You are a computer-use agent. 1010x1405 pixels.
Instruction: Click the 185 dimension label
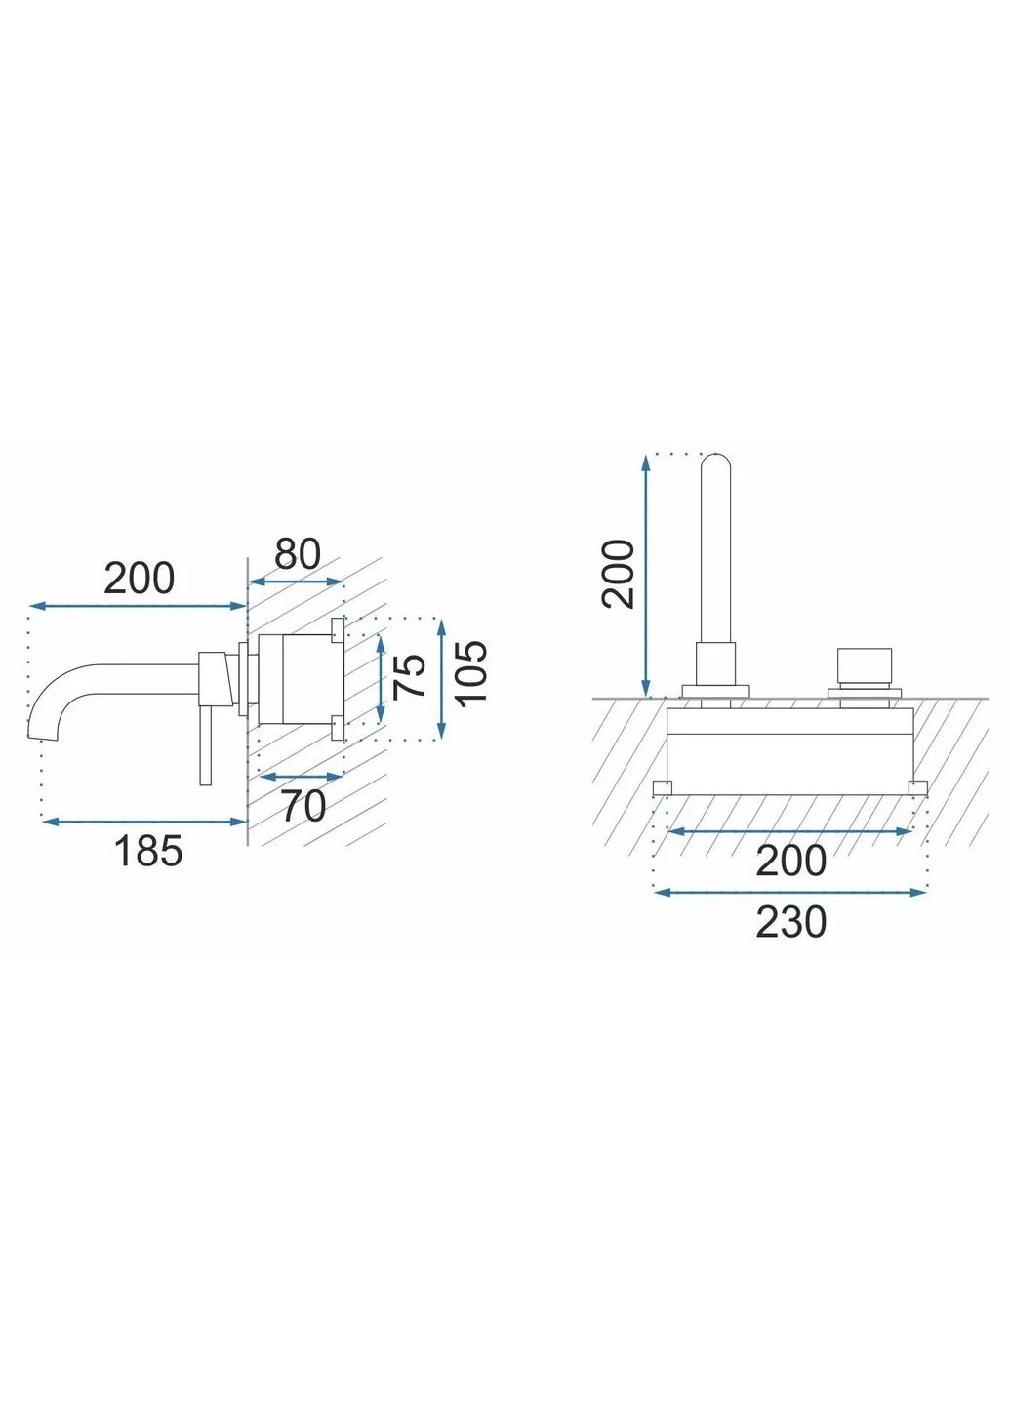click(x=148, y=851)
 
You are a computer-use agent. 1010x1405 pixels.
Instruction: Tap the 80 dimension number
click(x=298, y=554)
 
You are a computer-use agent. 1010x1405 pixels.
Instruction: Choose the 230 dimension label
click(x=790, y=922)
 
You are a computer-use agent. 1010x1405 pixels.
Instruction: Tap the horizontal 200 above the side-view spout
click(x=139, y=579)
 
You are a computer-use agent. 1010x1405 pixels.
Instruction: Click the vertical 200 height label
click(x=618, y=573)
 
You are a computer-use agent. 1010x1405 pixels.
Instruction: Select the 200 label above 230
click(x=790, y=861)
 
